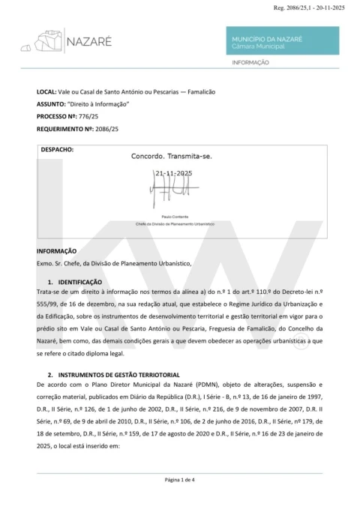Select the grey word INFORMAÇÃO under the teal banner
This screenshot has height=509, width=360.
point(250,63)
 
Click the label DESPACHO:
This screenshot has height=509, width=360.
point(57,149)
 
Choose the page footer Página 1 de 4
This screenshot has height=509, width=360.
point(180,479)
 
